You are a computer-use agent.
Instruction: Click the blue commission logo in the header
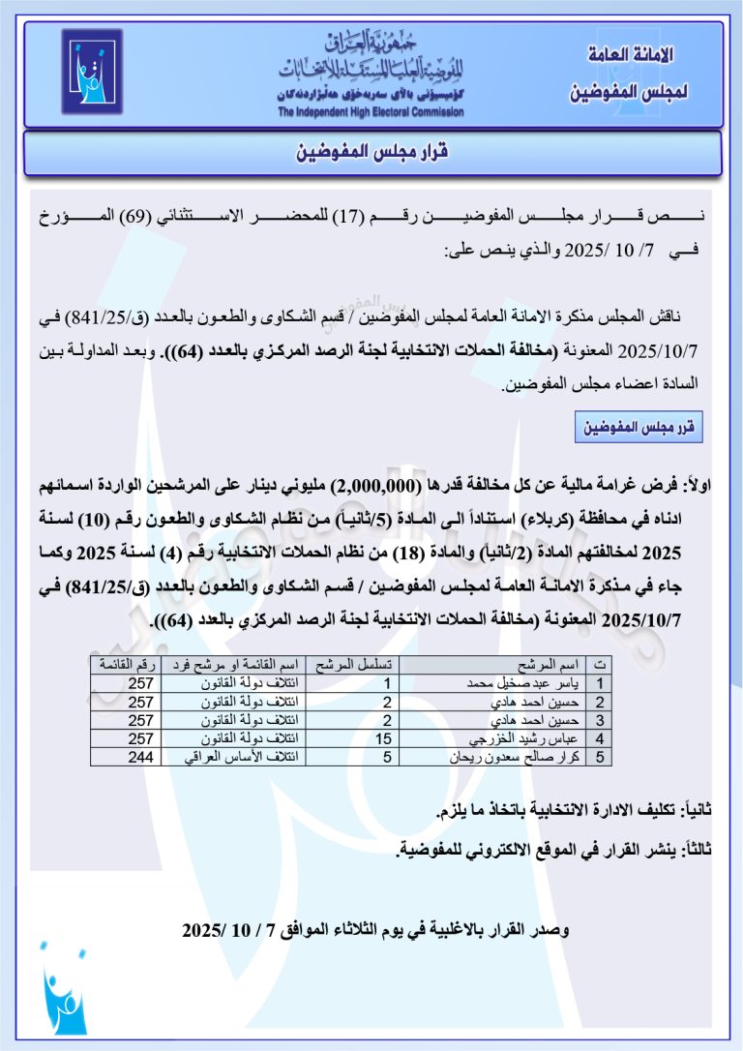pyautogui.click(x=93, y=72)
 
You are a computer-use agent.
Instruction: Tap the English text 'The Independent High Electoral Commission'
pyautogui.click(x=371, y=112)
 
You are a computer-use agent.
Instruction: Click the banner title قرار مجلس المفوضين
pyautogui.click(x=372, y=153)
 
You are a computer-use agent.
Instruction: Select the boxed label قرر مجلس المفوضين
pyautogui.click(x=639, y=427)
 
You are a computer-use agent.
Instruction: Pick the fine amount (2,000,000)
pyautogui.click(x=373, y=485)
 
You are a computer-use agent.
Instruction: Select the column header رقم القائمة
pyautogui.click(x=125, y=664)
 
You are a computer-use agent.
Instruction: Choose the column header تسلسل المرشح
pyautogui.click(x=352, y=664)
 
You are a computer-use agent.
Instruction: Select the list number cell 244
pyautogui.click(x=141, y=758)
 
